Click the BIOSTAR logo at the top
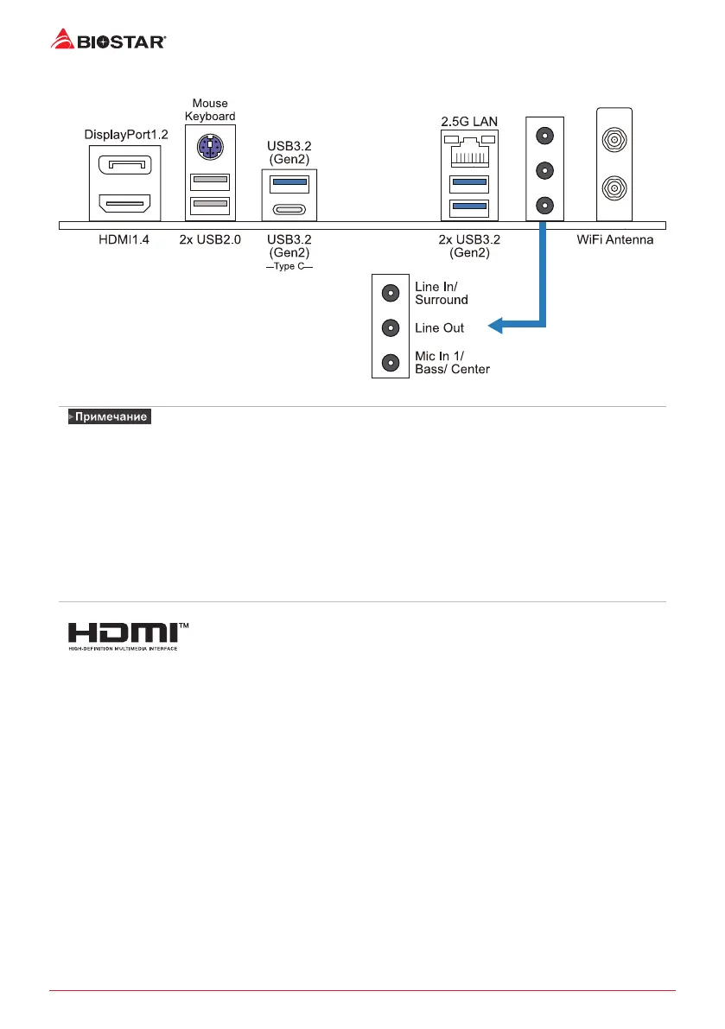tap(109, 39)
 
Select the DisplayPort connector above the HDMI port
tap(124, 164)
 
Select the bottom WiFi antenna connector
tap(614, 186)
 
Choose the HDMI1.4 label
tap(124, 238)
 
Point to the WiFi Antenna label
tap(614, 238)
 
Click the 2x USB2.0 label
tap(209, 238)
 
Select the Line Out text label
tap(440, 328)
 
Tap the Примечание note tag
tap(109, 417)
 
